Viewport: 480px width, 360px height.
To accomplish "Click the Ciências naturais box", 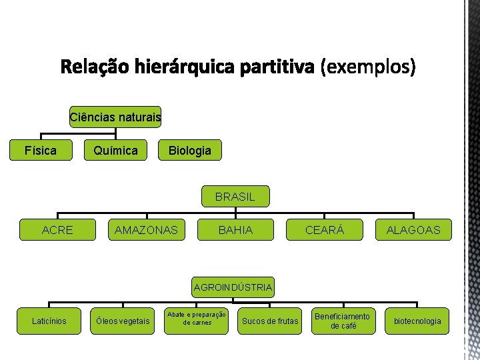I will [x=115, y=118].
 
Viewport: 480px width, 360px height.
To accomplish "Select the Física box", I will [x=41, y=150].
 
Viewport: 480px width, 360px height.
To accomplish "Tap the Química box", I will [x=115, y=150].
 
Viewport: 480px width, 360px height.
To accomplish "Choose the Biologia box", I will [x=190, y=150].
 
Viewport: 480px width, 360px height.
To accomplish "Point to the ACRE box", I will [x=57, y=230].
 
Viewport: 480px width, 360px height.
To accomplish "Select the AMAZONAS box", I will [x=147, y=230].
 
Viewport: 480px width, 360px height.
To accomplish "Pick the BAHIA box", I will [x=235, y=230].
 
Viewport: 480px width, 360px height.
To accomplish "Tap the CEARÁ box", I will [x=325, y=230].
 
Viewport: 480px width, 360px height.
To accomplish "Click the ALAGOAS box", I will [x=413, y=230].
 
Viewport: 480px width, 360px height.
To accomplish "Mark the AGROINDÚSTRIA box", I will [x=233, y=287].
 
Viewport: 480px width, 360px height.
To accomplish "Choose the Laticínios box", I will [x=49, y=321].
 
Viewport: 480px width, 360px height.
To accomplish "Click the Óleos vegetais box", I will [x=123, y=321].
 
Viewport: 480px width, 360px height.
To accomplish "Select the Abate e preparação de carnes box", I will [x=197, y=319].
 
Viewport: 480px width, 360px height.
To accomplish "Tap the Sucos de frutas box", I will [x=270, y=321].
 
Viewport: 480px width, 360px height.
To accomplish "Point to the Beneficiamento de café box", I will [x=343, y=321].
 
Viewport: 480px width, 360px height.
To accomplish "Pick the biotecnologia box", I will [x=417, y=321].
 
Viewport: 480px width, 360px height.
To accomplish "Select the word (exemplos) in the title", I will [x=367, y=67].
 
